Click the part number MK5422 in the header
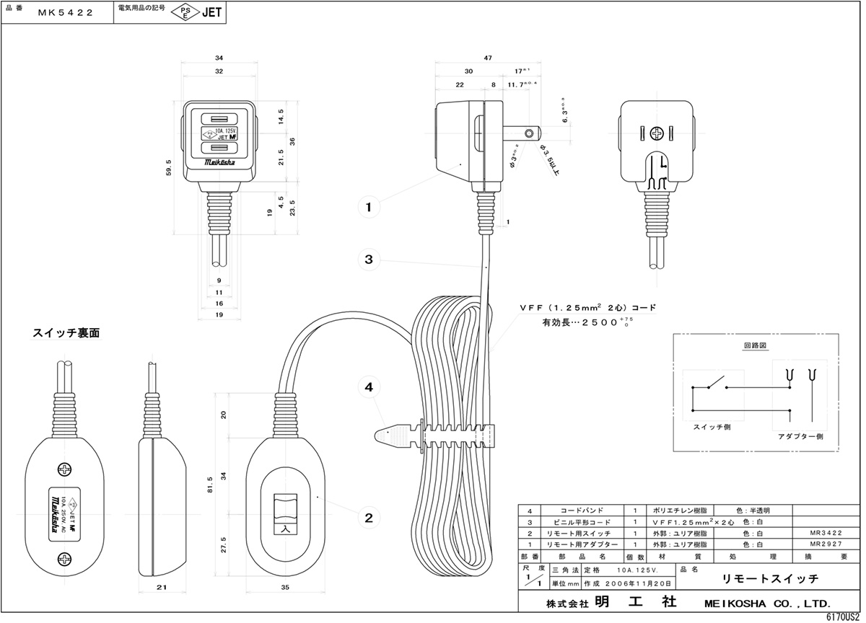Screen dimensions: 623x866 (69, 12)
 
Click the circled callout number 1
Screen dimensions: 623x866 (369, 208)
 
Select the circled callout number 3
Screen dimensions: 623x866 (369, 259)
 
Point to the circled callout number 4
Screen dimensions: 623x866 (369, 386)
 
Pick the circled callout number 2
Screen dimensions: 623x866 (369, 516)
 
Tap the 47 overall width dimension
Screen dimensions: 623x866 (488, 57)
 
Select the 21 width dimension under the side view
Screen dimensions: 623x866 (162, 588)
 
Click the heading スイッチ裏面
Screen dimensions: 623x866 (66, 333)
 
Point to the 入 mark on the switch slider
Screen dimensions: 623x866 (284, 528)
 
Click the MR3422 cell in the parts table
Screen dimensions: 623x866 (826, 533)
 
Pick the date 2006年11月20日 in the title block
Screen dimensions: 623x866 (640, 583)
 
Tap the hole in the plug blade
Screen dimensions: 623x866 (531, 133)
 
